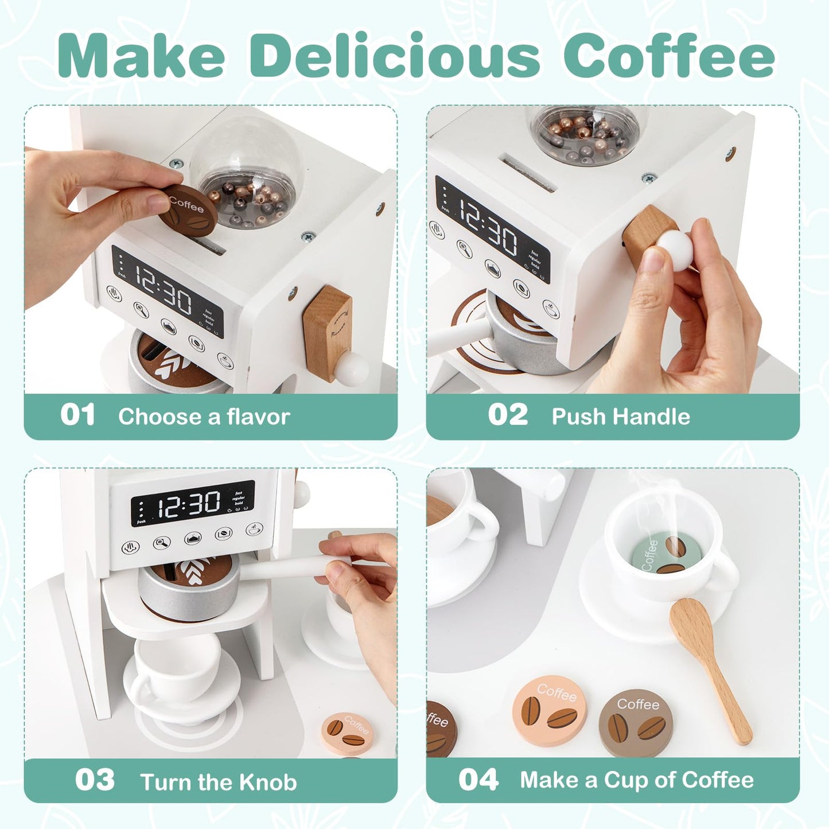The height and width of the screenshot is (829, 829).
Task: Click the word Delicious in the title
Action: coord(395,56)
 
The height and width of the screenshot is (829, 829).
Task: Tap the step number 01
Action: coord(77,415)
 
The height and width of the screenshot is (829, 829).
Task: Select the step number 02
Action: coord(507,415)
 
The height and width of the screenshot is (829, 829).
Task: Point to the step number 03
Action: coord(95,780)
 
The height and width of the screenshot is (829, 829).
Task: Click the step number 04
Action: coord(478,780)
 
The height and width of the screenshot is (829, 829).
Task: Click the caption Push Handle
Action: coord(621,417)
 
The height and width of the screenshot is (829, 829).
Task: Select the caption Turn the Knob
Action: coord(219,782)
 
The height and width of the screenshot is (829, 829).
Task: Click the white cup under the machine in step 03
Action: coord(178,665)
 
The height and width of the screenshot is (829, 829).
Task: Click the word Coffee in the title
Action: coord(668,56)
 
